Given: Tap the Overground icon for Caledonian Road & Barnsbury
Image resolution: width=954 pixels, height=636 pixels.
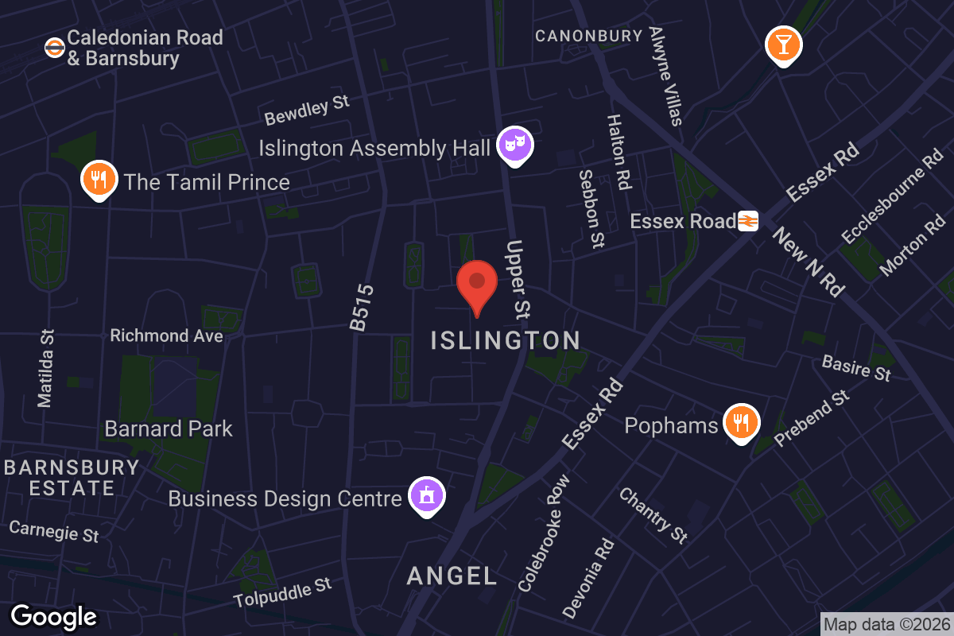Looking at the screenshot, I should (x=54, y=48).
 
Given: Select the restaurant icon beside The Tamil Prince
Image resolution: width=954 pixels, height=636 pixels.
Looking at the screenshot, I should (x=99, y=180).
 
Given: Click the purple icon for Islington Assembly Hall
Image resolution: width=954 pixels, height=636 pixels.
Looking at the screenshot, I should (x=514, y=145).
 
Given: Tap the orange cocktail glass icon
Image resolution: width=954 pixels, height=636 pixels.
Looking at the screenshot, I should (x=783, y=45).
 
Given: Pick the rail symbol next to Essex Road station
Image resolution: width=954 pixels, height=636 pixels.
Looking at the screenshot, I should (x=748, y=221).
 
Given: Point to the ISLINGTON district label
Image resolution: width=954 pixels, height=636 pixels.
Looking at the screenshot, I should (x=506, y=341).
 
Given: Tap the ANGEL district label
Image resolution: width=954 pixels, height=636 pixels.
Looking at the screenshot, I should (x=452, y=576).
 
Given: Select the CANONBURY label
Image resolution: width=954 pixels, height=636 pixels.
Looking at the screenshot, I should (x=588, y=36).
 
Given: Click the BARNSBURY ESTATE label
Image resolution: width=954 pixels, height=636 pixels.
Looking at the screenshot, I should (x=72, y=478).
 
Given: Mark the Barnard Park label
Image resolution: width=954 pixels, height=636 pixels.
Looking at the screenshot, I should (x=169, y=429).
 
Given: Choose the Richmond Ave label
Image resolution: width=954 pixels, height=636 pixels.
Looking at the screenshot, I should (x=166, y=335).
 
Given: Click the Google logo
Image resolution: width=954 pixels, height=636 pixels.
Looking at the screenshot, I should (x=53, y=616).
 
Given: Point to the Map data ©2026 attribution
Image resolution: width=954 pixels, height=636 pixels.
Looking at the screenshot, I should (x=886, y=625).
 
